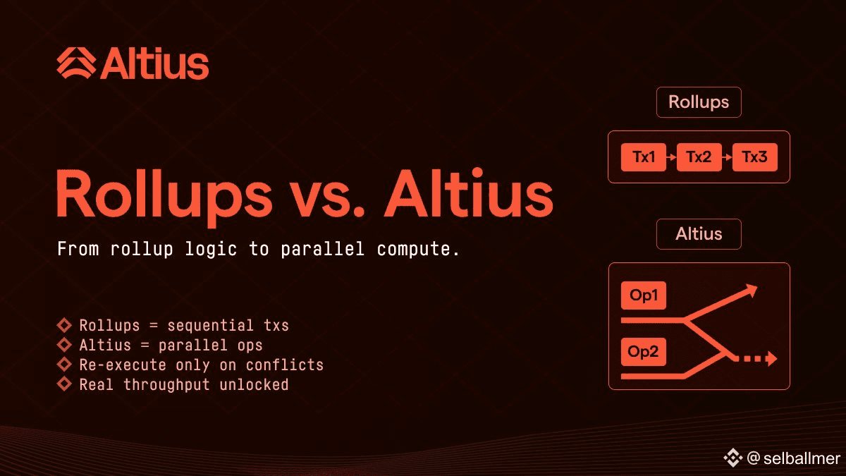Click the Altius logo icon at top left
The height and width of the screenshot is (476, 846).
[x=76, y=63]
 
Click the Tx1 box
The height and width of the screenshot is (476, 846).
[x=643, y=157]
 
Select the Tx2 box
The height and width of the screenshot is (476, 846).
[x=699, y=157]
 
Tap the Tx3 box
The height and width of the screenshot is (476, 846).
[x=755, y=157]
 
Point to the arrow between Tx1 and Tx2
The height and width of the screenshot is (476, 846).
[x=671, y=157]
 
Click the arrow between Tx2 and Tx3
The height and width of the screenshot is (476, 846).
[x=727, y=157]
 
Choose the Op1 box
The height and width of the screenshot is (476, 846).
[x=643, y=295]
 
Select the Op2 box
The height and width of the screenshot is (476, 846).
[x=643, y=352]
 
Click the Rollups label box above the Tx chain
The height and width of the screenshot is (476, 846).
[x=699, y=102]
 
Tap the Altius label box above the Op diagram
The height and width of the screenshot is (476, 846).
[x=699, y=234]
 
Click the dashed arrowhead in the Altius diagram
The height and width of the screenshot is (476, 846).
[x=771, y=358]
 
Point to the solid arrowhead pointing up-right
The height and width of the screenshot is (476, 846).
[x=750, y=291]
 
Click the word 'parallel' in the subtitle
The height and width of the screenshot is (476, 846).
[x=323, y=249]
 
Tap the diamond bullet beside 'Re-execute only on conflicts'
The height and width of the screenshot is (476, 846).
[x=64, y=364]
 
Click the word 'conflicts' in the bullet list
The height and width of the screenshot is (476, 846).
[x=285, y=365]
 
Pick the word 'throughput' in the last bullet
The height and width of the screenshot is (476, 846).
[x=166, y=385]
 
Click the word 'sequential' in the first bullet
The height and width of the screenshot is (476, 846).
[x=210, y=325]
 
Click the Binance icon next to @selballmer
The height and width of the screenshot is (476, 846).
[x=732, y=458]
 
